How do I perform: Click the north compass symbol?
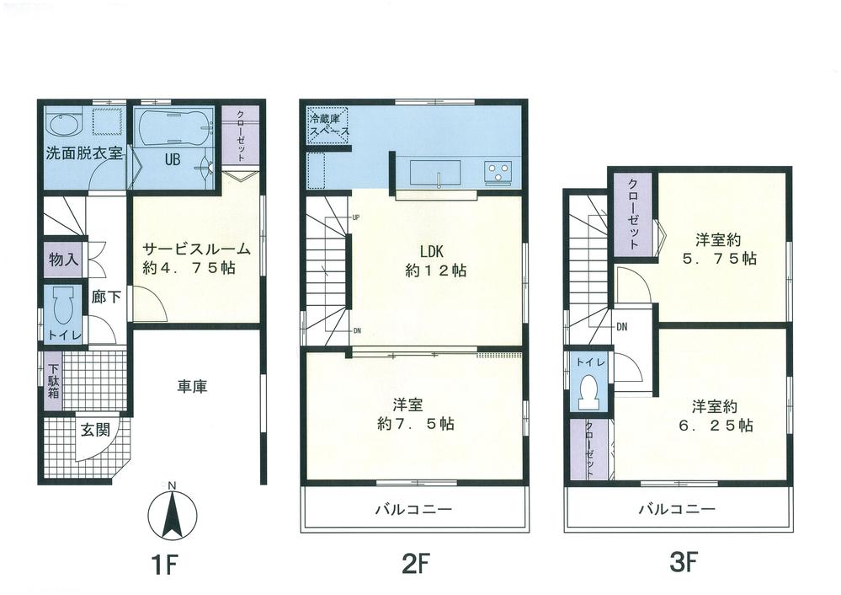pos(172,512)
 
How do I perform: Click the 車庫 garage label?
pos(193,387)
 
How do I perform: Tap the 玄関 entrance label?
pos(94,428)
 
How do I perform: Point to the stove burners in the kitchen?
pos(498,172)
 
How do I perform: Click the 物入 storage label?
pos(64,259)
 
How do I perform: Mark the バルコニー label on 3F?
pos(676,510)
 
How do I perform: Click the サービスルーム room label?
pos(195,249)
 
